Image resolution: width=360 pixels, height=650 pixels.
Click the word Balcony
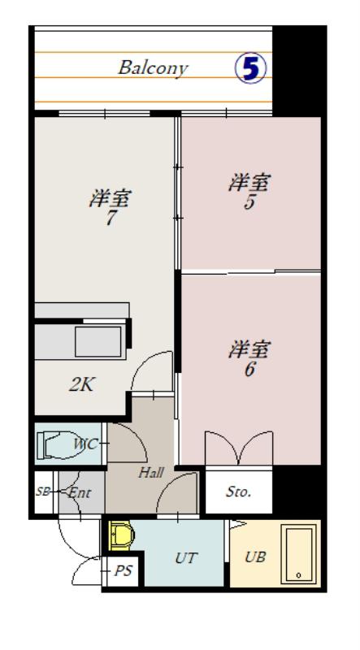click(x=153, y=68)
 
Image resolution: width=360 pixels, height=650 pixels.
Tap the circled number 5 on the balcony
click(x=250, y=68)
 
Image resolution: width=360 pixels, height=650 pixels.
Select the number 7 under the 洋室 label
click(x=110, y=219)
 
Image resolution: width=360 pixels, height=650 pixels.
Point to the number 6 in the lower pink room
click(x=249, y=370)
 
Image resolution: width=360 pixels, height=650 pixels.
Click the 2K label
click(x=80, y=385)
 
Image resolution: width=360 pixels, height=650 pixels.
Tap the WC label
click(x=86, y=444)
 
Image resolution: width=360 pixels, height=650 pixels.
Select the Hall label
click(x=151, y=472)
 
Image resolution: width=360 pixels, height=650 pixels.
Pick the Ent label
click(x=79, y=493)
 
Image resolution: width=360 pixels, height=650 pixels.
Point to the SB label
click(x=43, y=492)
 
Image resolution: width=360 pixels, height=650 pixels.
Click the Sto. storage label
click(x=238, y=492)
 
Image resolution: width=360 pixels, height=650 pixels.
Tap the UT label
click(x=186, y=558)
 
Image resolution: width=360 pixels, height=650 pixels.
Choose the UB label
click(x=255, y=557)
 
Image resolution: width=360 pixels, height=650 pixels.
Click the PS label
click(x=124, y=571)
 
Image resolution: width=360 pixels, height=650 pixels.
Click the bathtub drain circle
click(x=298, y=575)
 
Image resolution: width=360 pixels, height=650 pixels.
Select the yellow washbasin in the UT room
click(x=122, y=536)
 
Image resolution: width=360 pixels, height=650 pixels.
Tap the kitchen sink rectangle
click(x=99, y=341)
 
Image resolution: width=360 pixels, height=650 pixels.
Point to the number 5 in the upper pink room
click(x=249, y=202)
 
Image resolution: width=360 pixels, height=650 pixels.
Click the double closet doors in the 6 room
click(x=238, y=448)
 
